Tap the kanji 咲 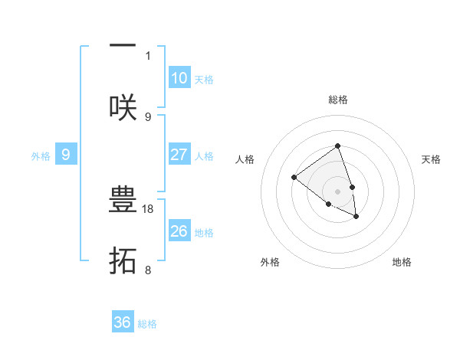point(123,107)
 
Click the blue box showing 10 point(179,78)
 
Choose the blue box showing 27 point(179,155)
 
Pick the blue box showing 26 point(179,231)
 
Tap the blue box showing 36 point(123,323)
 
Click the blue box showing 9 point(66,155)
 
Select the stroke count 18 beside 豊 point(149,208)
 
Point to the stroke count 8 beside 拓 point(148,270)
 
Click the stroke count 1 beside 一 point(148,55)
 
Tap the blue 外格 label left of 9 point(41,156)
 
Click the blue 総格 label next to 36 point(147,324)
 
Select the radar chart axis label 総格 point(337,100)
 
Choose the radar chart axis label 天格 point(431,159)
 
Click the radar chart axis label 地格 point(402,262)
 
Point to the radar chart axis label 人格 point(245,159)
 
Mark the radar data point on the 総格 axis point(337,146)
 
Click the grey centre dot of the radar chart point(337,191)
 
